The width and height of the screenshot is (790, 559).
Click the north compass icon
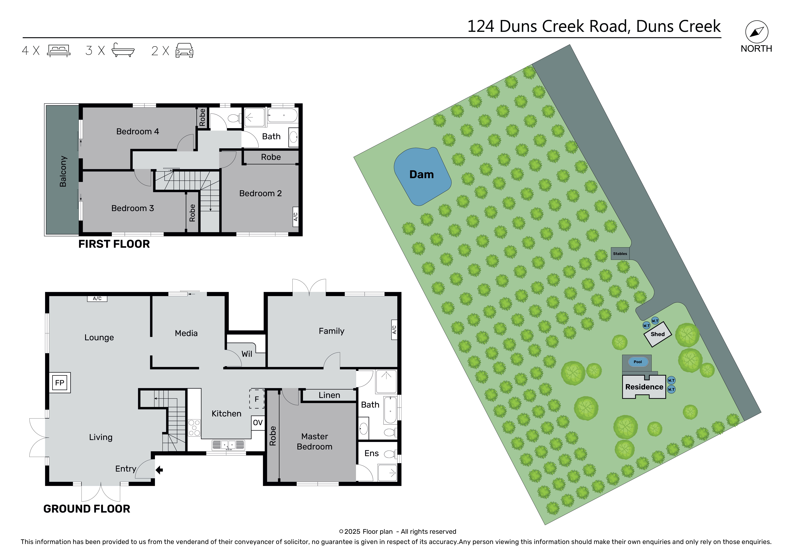click(757, 32)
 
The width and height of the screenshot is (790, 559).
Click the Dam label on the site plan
click(421, 175)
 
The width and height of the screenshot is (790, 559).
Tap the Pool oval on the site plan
click(638, 362)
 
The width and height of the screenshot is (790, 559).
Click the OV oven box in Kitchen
click(258, 423)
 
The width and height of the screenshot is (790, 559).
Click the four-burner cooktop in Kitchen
click(194, 428)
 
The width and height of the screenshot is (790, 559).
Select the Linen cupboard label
click(329, 395)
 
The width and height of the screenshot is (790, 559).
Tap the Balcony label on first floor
click(63, 171)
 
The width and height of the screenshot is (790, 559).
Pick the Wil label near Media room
click(247, 354)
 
